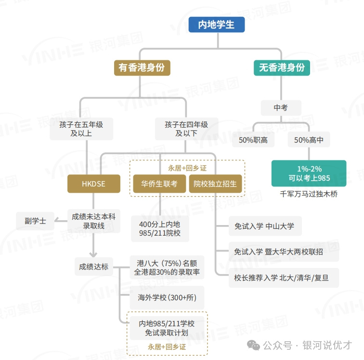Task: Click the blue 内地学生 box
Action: click(x=216, y=25)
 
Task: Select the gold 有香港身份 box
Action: click(x=142, y=67)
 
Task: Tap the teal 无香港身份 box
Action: click(x=282, y=67)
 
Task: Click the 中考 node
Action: click(x=281, y=107)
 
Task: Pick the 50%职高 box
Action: click(x=253, y=140)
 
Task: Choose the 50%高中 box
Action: click(x=309, y=140)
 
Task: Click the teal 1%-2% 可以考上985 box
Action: click(x=309, y=173)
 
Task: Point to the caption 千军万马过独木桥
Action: click(x=309, y=194)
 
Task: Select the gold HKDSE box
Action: click(x=94, y=184)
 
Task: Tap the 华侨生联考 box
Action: click(x=159, y=184)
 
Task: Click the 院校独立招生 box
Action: click(x=215, y=184)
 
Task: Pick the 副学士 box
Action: click(x=35, y=221)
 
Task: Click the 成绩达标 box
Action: click(x=94, y=267)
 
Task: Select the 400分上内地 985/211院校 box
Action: click(x=160, y=229)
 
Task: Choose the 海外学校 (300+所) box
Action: click(x=167, y=297)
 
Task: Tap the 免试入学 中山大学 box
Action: click(x=265, y=226)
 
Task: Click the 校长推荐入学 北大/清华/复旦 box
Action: click(x=284, y=278)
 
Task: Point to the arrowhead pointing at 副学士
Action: click(x=56, y=220)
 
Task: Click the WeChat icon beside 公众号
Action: click(x=253, y=345)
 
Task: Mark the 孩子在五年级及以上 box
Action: click(x=81, y=129)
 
